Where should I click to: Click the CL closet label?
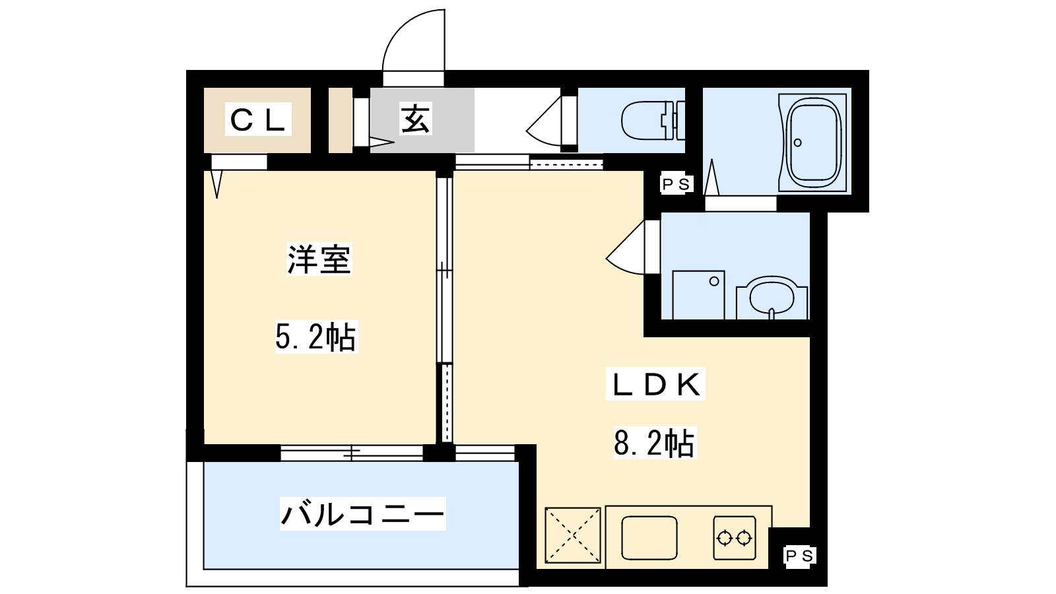(x=258, y=119)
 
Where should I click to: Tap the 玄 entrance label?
(x=415, y=119)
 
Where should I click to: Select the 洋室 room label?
(x=319, y=259)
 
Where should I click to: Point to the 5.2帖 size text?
(x=316, y=337)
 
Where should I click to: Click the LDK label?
(x=655, y=384)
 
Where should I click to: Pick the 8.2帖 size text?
(x=654, y=443)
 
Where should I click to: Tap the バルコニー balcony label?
(x=362, y=513)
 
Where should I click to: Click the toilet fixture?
(x=653, y=121)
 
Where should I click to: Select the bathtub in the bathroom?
(x=814, y=143)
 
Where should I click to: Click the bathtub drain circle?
(x=798, y=143)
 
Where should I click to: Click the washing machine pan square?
(x=698, y=295)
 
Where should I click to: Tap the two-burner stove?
(x=735, y=537)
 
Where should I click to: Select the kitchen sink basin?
(x=649, y=537)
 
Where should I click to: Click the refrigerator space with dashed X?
(x=573, y=535)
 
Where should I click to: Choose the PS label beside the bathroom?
(x=676, y=184)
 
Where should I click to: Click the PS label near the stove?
(x=799, y=556)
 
